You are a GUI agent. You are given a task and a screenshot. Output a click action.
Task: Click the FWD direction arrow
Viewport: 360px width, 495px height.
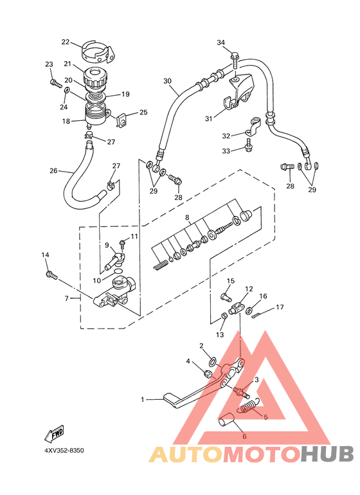[54, 433]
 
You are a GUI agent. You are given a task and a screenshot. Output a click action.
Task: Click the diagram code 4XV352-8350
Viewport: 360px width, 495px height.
[64, 450]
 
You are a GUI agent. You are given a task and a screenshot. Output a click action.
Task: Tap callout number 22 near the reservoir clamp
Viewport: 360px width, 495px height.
[66, 42]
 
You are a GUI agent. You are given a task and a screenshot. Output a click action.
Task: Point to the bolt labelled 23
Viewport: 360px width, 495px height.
[56, 84]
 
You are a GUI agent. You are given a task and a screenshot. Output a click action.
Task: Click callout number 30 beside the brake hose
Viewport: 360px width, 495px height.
[167, 81]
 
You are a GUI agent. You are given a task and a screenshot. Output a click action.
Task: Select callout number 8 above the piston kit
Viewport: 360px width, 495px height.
[187, 217]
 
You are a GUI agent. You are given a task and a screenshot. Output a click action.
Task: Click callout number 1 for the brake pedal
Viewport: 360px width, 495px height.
[143, 400]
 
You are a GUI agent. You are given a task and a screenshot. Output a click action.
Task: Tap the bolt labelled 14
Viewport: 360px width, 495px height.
[51, 275]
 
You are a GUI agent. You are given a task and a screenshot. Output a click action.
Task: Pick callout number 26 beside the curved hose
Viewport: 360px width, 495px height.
[53, 171]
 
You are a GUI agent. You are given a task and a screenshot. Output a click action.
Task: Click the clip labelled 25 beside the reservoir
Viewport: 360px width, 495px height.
[122, 121]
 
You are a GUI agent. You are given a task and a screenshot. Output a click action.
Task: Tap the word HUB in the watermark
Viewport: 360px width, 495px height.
[327, 454]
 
